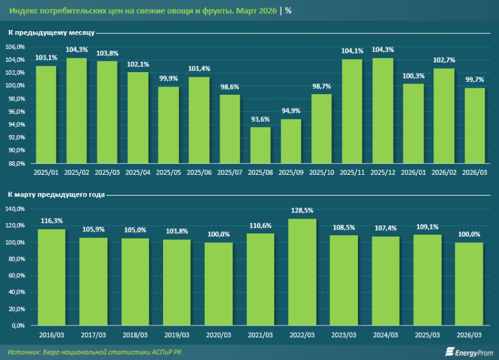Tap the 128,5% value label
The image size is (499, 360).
303,211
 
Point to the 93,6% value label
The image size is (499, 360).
261,120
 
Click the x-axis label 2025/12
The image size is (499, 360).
383,172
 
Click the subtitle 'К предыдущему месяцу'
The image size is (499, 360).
52,32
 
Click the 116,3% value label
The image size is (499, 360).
52,221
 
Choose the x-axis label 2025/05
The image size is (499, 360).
168,172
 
